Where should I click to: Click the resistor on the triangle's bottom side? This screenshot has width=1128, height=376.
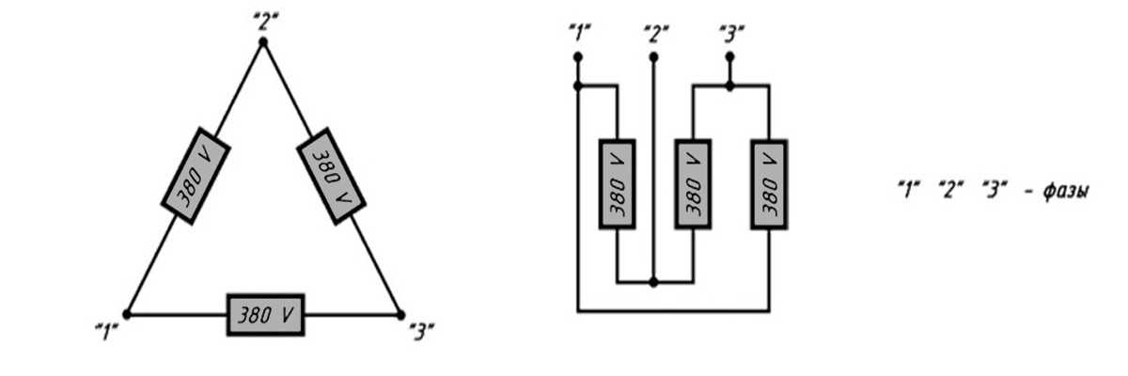(x=265, y=314)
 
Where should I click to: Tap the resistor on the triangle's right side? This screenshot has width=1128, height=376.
(x=331, y=175)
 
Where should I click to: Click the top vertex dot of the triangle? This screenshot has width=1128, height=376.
(x=263, y=42)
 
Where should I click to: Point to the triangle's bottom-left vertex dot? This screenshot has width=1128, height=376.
(x=127, y=314)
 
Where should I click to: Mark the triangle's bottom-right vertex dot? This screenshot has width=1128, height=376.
(x=399, y=314)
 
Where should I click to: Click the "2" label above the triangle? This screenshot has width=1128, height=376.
(x=263, y=19)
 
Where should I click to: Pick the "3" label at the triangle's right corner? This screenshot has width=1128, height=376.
(x=422, y=332)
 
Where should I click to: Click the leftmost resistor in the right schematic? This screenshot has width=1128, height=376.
(x=618, y=184)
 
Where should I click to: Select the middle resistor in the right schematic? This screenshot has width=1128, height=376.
(x=693, y=184)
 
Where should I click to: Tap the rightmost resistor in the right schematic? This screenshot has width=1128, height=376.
(x=768, y=184)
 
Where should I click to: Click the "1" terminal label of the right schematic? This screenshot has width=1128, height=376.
(x=579, y=33)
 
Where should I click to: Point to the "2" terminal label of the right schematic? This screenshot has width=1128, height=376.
(x=655, y=33)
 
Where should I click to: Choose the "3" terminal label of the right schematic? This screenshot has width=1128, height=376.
(x=729, y=33)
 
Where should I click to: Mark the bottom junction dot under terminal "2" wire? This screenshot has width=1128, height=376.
(x=654, y=281)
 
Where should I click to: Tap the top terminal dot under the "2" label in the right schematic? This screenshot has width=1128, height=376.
(x=654, y=56)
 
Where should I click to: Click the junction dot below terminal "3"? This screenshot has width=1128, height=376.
(x=729, y=86)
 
